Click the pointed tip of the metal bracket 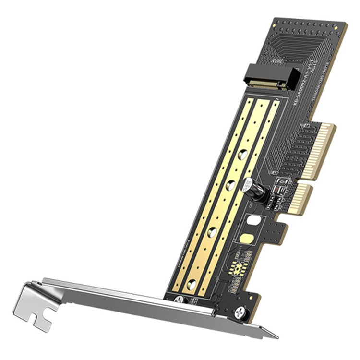[276, 336]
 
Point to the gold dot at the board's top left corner [277, 22]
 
